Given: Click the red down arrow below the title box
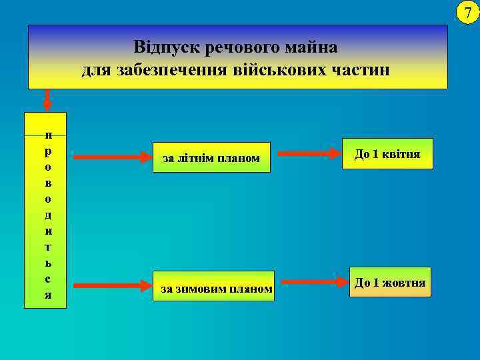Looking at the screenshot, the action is click(x=47, y=99).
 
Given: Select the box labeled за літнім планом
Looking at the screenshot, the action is click(x=211, y=158).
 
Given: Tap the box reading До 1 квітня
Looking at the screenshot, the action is click(x=387, y=154).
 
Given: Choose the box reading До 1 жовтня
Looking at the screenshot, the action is click(x=389, y=283).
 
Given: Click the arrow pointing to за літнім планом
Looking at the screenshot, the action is click(x=113, y=158).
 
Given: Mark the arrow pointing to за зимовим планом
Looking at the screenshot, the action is click(x=113, y=286).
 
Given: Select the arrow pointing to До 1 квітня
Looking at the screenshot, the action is click(x=309, y=154).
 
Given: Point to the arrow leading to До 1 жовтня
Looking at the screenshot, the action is click(x=309, y=283).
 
